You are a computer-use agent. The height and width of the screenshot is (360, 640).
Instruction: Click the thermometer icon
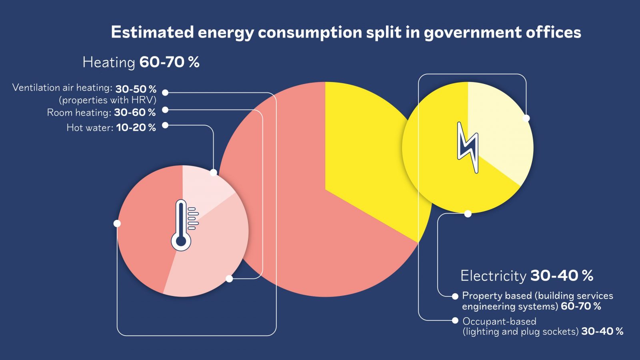click(182, 225)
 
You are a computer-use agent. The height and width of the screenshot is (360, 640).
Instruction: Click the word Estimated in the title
click(152, 32)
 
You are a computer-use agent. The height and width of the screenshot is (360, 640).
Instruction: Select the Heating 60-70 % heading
click(141, 62)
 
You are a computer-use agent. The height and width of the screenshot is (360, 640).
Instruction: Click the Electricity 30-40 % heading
click(526, 275)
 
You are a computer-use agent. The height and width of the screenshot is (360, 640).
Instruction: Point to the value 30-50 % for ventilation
click(136, 89)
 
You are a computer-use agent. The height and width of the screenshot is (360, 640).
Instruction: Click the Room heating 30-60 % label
click(101, 112)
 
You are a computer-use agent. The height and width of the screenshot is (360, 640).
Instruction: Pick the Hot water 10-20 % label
click(111, 128)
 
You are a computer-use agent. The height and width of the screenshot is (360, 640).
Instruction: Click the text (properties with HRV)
click(107, 100)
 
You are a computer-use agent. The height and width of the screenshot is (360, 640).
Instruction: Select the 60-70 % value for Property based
click(581, 306)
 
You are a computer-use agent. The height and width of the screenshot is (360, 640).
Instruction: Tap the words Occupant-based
click(499, 321)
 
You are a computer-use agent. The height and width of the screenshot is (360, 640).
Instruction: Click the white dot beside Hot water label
click(165, 125)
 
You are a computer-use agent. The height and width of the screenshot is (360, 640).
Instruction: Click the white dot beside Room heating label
click(165, 110)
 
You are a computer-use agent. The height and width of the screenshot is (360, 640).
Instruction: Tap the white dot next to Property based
click(455, 296)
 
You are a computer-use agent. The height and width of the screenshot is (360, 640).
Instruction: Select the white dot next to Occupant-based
click(455, 320)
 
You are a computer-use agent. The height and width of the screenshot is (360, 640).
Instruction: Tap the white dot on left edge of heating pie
click(117, 223)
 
